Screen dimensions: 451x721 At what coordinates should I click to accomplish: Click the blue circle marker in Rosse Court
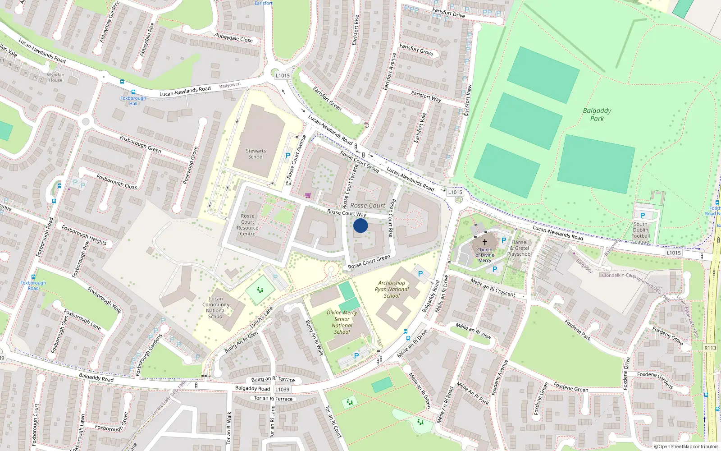coord(360,225)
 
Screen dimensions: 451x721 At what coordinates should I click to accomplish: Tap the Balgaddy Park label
coord(597,115)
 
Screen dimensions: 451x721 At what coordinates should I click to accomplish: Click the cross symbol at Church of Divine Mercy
coord(485,242)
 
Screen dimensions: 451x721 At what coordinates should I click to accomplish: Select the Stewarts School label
coord(256,154)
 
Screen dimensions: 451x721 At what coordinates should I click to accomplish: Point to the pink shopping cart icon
coord(308,195)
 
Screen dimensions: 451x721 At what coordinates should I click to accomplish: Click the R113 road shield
coord(710,348)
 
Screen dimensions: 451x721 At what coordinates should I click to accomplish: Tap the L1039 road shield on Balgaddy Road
coord(282,389)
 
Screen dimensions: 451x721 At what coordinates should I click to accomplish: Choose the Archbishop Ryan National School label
coord(392,290)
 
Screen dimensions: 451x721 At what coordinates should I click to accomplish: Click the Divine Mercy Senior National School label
coord(342,322)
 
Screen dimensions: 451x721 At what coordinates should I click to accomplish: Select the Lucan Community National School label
coord(216,307)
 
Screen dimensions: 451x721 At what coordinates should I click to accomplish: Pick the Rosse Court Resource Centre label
coord(247,225)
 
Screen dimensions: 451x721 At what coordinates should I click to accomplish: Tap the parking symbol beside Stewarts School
coord(288,156)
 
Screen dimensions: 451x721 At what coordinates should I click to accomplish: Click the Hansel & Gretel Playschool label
coord(520,248)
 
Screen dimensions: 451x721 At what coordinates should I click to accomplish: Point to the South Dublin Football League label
coord(640,233)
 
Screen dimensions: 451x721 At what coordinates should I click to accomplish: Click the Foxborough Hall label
coord(133,101)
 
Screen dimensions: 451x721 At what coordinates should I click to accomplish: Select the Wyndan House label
coord(56,78)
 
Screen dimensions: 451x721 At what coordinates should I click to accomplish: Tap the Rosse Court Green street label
coord(369,262)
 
